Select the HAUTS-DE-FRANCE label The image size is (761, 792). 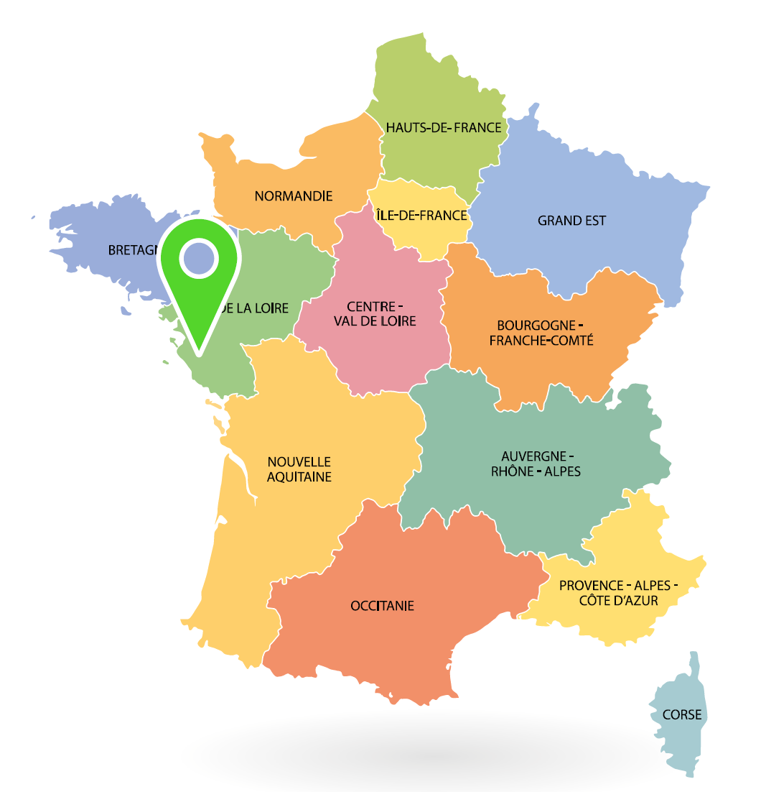(444, 127)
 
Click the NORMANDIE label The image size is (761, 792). (294, 195)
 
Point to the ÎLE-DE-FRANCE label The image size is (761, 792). (421, 215)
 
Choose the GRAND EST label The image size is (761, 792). (571, 221)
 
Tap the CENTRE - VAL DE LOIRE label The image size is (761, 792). (375, 313)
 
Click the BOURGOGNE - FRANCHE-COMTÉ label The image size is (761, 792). (541, 332)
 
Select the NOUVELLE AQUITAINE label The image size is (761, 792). (299, 469)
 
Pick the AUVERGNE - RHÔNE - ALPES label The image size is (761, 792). (536, 464)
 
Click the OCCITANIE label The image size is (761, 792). (382, 606)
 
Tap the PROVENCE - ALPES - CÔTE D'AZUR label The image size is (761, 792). (618, 592)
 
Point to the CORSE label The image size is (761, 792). (682, 715)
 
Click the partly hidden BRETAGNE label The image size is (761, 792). (133, 250)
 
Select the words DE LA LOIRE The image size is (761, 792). (256, 308)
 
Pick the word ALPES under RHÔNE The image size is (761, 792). (561, 471)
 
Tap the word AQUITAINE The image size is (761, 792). (299, 476)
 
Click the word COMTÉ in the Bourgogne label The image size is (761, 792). (571, 340)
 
